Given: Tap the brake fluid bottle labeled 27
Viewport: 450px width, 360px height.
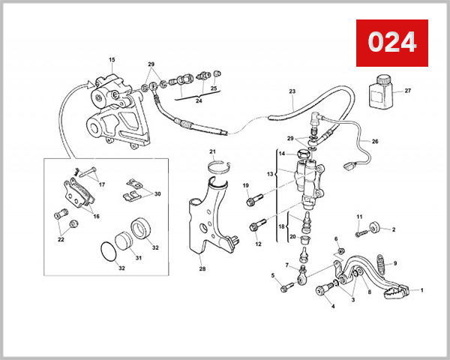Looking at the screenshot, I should click(x=380, y=94).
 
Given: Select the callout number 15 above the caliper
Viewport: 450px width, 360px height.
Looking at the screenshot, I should click(x=112, y=59).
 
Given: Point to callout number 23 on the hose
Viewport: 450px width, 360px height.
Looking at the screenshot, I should click(x=292, y=91).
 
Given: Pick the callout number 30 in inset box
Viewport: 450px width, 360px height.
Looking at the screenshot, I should click(x=157, y=194).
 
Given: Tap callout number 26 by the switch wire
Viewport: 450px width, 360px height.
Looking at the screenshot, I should click(x=376, y=141).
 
